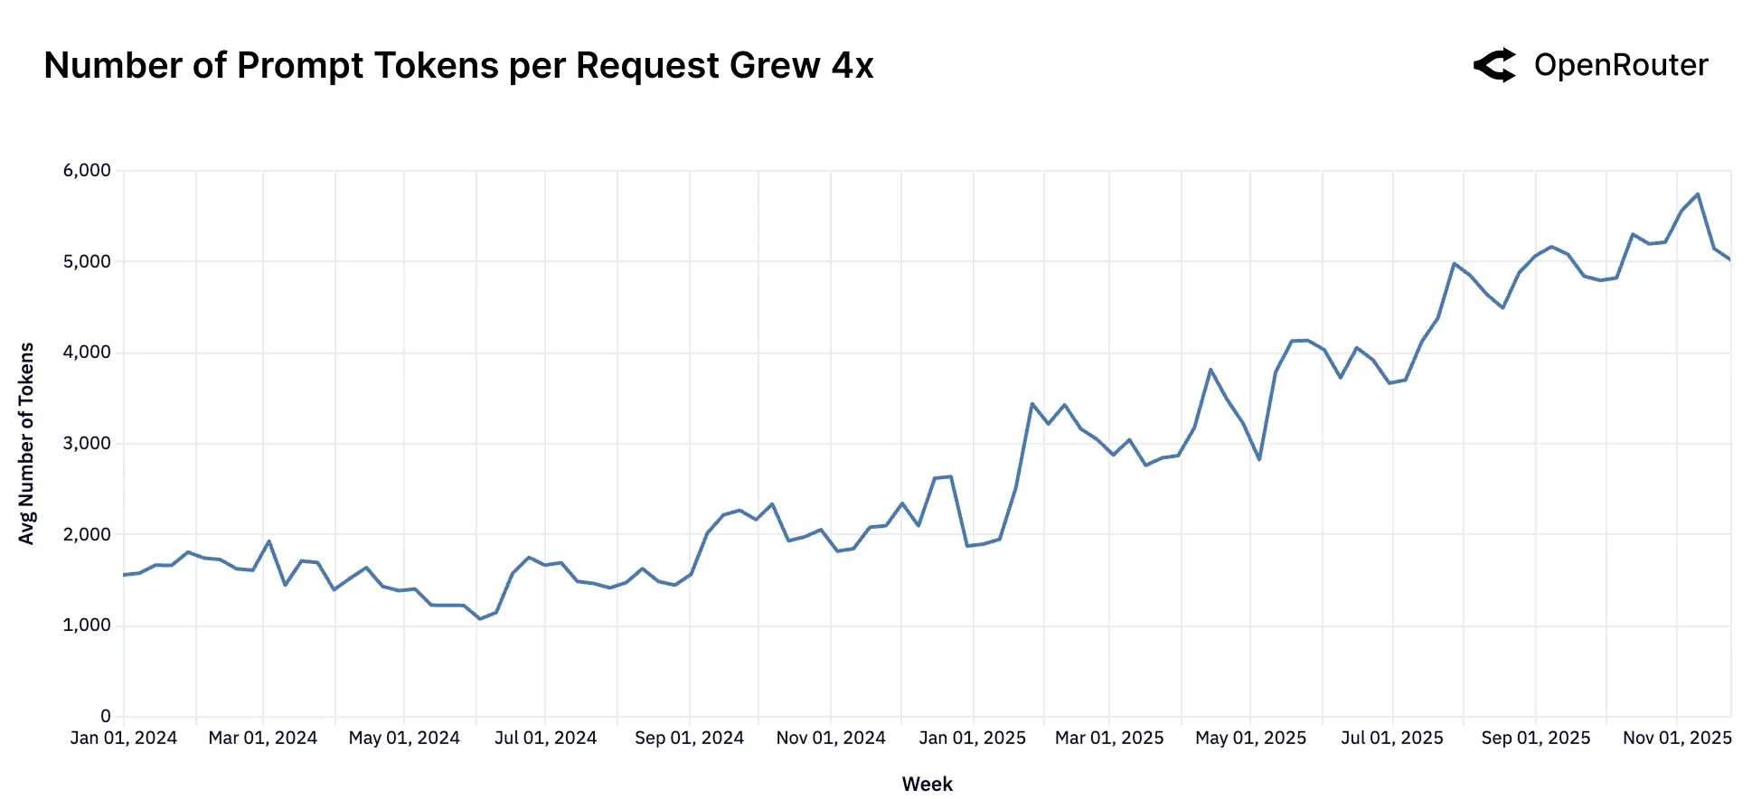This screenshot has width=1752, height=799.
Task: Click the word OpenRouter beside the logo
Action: (x=1621, y=65)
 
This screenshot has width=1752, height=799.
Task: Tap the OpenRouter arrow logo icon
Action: (x=1495, y=65)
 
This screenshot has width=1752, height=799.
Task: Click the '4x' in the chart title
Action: (x=852, y=66)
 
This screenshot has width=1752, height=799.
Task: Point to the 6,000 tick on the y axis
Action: (x=87, y=171)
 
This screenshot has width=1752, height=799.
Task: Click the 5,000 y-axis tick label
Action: (x=87, y=262)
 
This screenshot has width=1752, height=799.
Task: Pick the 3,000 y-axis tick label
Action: (x=87, y=444)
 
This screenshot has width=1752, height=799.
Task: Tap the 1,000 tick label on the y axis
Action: (x=87, y=625)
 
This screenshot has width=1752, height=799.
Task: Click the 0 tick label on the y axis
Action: (x=106, y=717)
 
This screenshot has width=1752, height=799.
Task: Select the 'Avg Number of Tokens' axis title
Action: (x=26, y=443)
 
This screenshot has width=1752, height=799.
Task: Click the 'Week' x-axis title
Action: (x=928, y=784)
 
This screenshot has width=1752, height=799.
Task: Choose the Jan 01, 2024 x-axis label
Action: (x=124, y=738)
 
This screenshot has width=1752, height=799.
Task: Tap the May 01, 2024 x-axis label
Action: (x=404, y=738)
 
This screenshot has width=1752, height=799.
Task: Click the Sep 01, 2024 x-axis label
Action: (x=689, y=738)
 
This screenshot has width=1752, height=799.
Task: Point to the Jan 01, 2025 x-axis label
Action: (x=973, y=738)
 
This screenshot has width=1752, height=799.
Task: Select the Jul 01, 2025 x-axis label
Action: (x=1392, y=738)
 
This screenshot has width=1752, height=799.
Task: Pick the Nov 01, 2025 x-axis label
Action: (x=1677, y=738)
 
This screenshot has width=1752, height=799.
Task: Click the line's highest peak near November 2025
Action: (x=1698, y=194)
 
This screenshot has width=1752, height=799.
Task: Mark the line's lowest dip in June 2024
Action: (x=480, y=618)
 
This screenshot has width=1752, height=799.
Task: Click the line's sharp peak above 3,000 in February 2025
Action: (x=1032, y=404)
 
